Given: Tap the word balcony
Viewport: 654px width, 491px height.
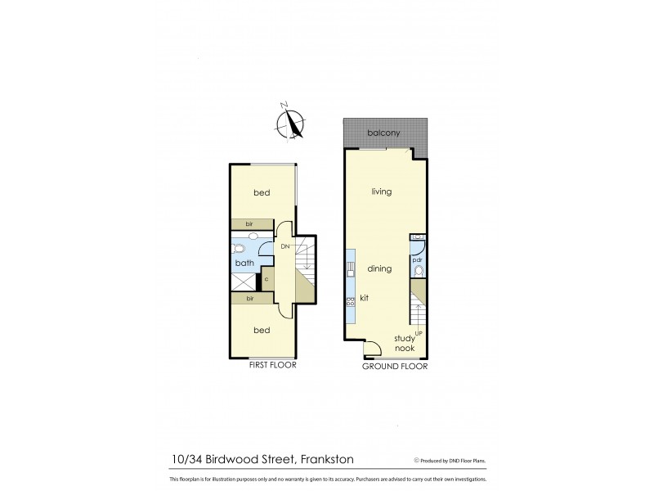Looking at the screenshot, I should pos(384,133).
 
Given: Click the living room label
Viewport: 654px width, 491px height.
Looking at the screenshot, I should pos(381,191).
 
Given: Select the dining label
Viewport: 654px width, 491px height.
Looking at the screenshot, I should pos(379,268).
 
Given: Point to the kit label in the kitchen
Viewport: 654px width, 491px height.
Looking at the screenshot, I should pos(364,299).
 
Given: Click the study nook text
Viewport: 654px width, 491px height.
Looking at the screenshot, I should pos(405,343).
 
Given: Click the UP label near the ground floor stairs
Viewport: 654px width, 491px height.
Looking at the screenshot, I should pos(418,332).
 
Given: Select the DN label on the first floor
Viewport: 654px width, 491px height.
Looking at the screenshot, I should pos(285,246).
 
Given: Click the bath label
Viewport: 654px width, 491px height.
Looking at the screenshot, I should pos(244,264).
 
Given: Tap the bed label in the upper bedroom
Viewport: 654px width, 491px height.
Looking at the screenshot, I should pos(262,193).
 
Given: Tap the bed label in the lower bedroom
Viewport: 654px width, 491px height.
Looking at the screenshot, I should pos(262,330).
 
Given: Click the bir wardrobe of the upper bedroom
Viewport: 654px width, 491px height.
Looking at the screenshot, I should pos(249,223).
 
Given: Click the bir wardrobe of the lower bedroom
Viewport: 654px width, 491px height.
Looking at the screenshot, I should pos(249,300).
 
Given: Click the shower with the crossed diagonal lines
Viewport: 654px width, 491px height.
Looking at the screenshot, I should pos(243,281).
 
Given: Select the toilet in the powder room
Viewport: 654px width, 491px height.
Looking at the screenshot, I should pos(418,272).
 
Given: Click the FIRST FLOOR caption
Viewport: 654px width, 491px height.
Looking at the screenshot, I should pos(272,366).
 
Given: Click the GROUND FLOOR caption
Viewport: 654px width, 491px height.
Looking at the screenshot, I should pos(395,367).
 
